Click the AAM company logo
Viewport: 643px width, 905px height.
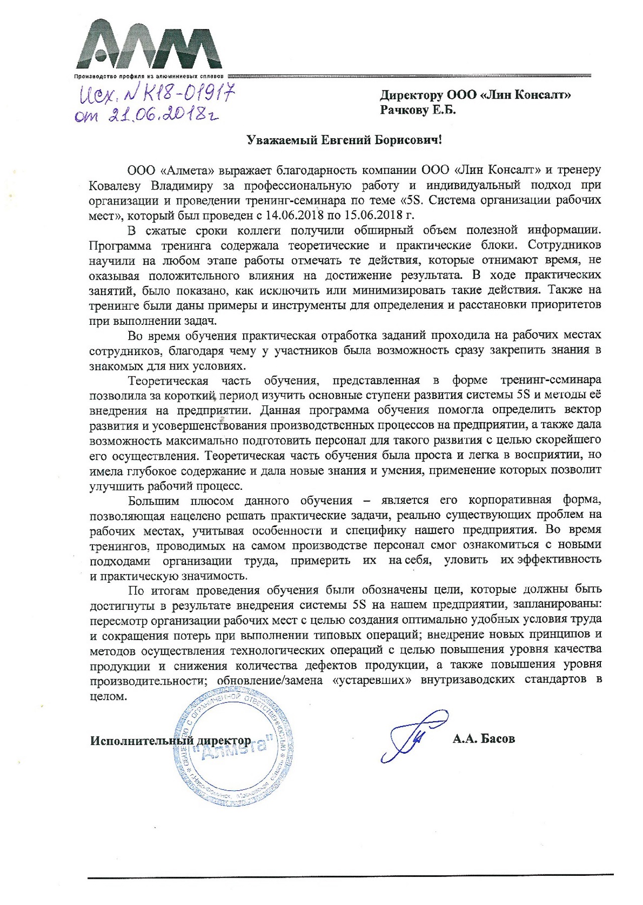pos(149,45)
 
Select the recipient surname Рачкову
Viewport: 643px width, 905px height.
pos(404,110)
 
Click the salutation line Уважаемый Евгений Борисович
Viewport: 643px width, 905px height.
pos(344,140)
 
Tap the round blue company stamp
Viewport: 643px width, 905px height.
pos(234,748)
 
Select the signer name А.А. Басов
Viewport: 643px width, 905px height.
pos(483,739)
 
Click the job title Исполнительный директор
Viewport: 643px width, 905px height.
pos(170,741)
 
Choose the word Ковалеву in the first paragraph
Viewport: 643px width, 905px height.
pos(117,186)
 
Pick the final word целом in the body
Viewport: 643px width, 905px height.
pos(107,696)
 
